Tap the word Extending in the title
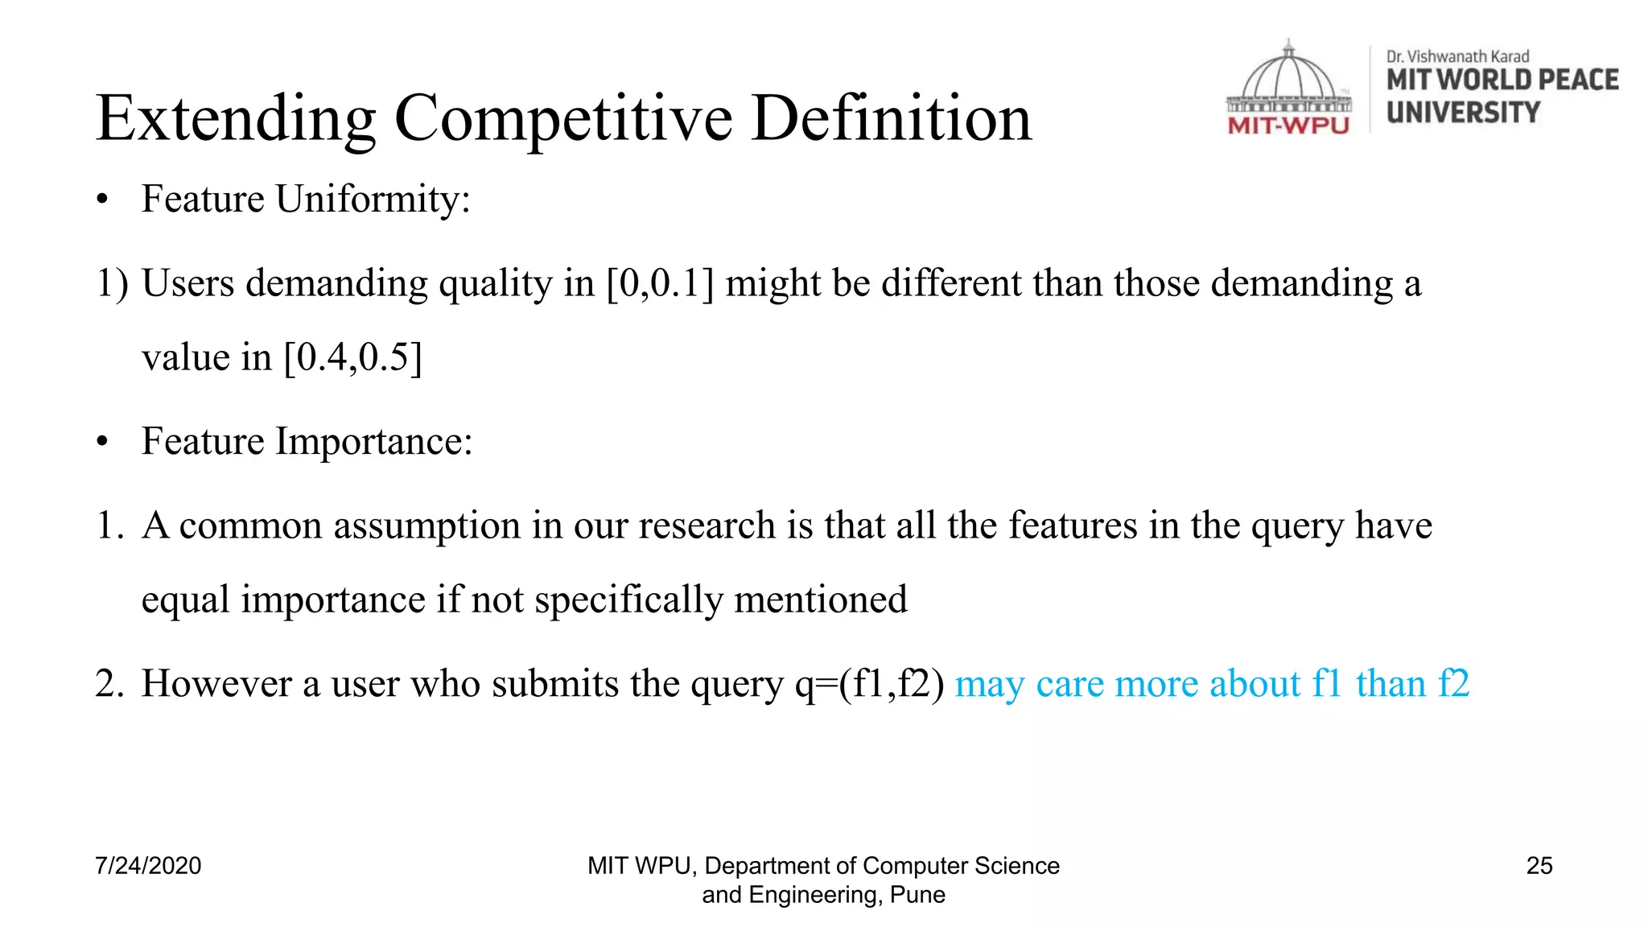[x=236, y=119]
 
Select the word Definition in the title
[x=891, y=119]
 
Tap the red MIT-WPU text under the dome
[x=1288, y=126]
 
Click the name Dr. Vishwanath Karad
[x=1457, y=56]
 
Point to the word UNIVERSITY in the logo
[x=1463, y=113]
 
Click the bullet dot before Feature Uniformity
[x=101, y=201]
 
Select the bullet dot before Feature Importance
[x=101, y=443]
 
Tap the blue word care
[x=1070, y=684]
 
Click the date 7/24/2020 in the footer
[x=148, y=866]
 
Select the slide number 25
[x=1539, y=866]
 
